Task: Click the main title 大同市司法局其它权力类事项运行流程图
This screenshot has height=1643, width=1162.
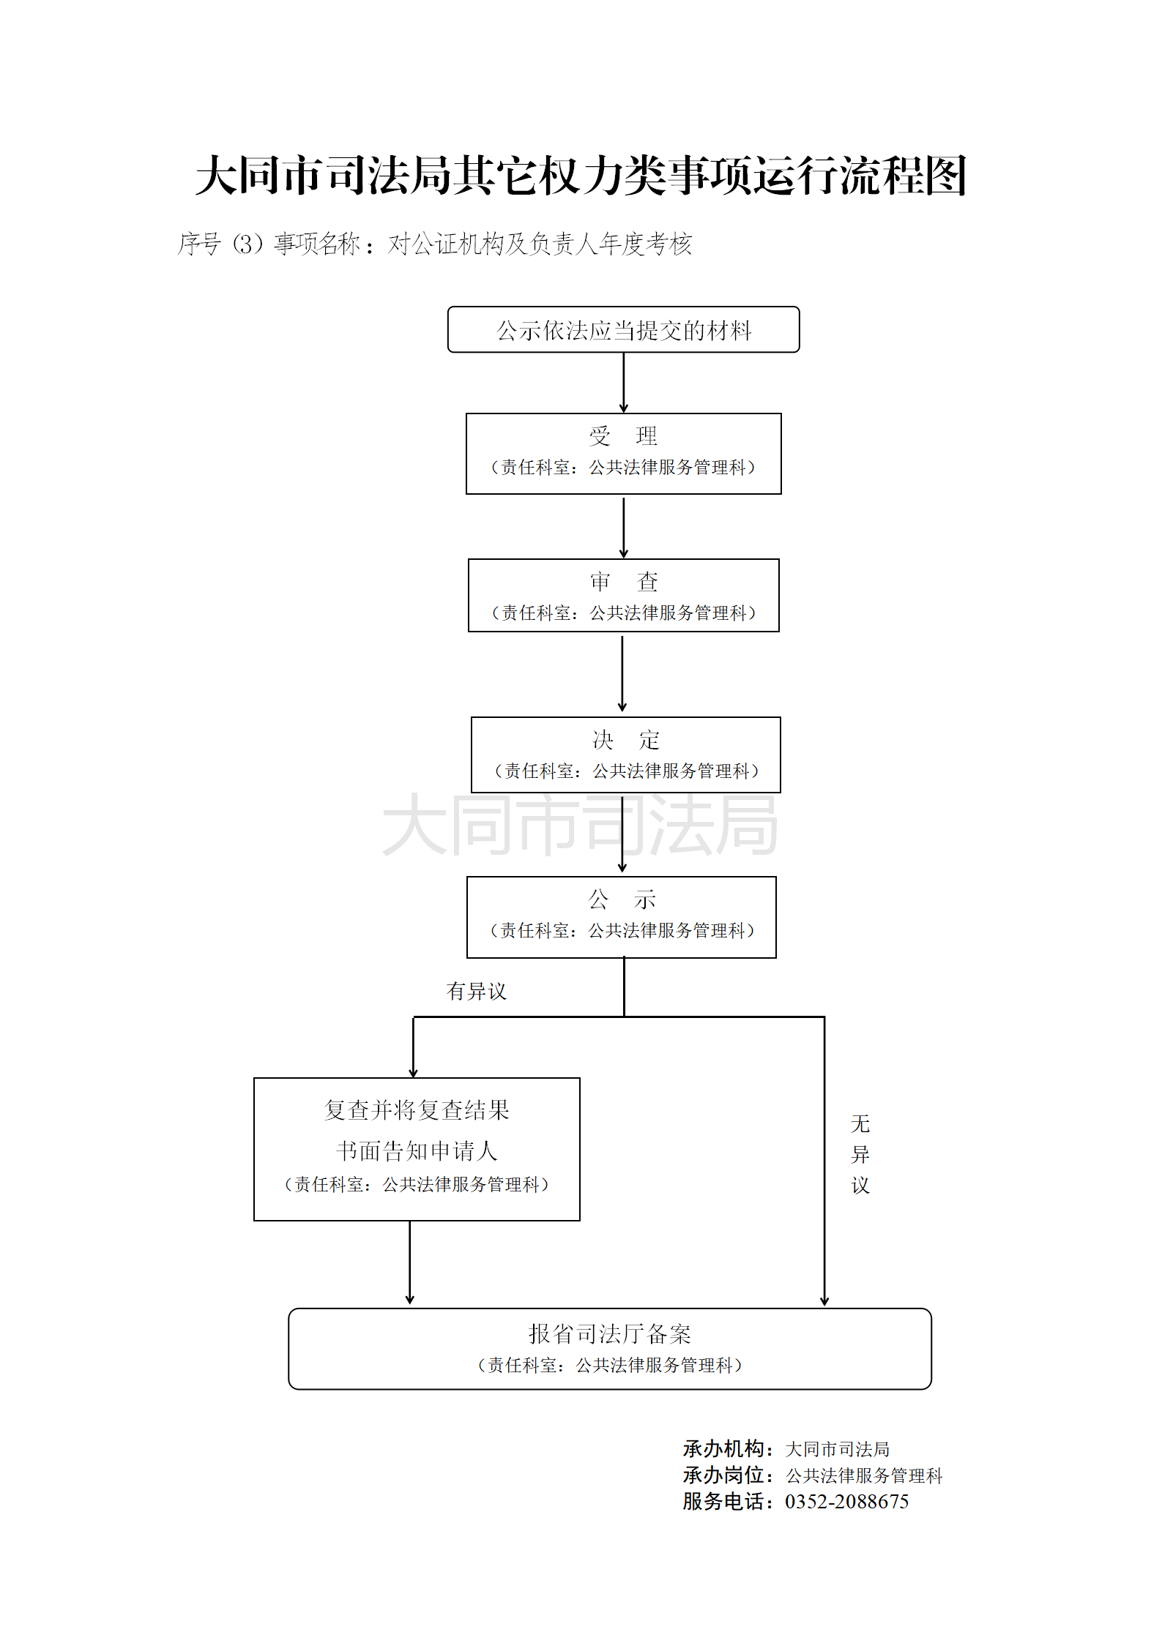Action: [x=581, y=176]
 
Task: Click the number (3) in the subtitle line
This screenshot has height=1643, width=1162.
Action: [x=247, y=244]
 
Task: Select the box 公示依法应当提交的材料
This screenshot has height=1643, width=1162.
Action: [x=623, y=330]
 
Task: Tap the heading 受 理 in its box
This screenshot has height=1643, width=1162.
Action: [x=623, y=436]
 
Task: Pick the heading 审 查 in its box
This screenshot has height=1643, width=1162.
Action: [x=624, y=582]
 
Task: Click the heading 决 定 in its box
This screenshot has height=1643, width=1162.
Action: [x=626, y=740]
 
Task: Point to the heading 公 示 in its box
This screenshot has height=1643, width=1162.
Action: [x=622, y=899]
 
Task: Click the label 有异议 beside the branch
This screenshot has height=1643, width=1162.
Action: [x=477, y=991]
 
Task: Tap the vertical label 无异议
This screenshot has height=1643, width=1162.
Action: [x=860, y=1154]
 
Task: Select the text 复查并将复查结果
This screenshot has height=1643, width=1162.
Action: [x=417, y=1110]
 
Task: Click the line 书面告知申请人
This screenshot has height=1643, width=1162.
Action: [x=417, y=1151]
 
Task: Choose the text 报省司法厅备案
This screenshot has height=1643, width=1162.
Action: [x=610, y=1333]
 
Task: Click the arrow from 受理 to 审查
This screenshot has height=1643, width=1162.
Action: [x=624, y=527]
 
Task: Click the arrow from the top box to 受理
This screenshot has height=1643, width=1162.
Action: [x=624, y=383]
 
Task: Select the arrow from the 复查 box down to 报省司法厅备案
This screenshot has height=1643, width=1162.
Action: [x=410, y=1262]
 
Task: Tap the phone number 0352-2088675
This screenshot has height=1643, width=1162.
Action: [x=846, y=1502]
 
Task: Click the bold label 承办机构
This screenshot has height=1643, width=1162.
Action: [x=723, y=1449]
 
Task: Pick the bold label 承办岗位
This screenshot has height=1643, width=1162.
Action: [x=723, y=1475]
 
